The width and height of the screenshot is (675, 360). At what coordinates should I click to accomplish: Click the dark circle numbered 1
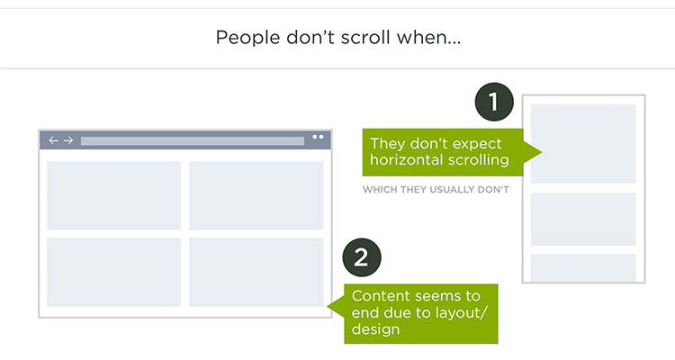click(x=494, y=102)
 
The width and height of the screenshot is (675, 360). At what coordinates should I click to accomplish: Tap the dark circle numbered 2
click(x=362, y=257)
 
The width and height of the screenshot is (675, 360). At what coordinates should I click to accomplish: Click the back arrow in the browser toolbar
click(x=53, y=140)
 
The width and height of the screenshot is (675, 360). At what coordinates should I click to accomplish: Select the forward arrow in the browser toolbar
click(x=68, y=140)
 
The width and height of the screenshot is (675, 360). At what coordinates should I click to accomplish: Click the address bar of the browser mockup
click(x=193, y=140)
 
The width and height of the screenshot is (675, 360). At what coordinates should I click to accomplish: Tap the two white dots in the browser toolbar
click(x=318, y=137)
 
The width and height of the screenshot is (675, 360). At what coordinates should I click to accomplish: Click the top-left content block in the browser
click(x=113, y=195)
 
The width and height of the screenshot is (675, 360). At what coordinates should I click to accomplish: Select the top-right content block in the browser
click(x=256, y=195)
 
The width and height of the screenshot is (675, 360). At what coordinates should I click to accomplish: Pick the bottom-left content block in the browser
click(x=113, y=272)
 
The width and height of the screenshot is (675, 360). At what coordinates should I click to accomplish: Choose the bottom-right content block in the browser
click(x=256, y=272)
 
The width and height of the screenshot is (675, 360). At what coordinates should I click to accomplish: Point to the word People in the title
click(x=248, y=38)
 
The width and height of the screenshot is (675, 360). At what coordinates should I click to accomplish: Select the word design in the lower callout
click(x=376, y=330)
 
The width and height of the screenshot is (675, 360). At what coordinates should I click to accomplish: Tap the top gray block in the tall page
click(x=583, y=144)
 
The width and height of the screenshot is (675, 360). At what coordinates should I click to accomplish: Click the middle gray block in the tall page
click(x=583, y=220)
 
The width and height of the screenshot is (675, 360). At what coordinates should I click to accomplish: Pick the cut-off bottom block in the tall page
click(x=583, y=267)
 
